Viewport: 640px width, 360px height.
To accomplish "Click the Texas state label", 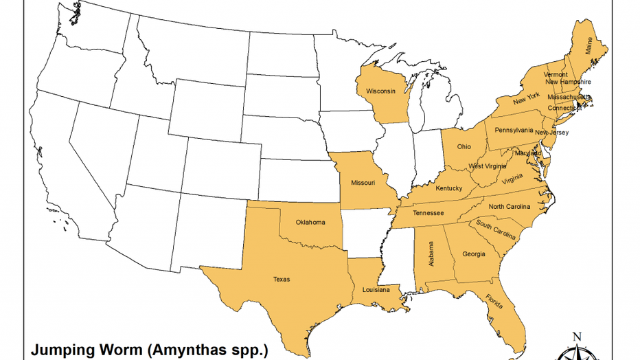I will pos(282,279).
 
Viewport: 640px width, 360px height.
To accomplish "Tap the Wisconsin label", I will pos(380,91).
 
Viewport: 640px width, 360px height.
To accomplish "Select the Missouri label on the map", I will pos(363,183).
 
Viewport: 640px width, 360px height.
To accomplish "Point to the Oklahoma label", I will pos(310,222).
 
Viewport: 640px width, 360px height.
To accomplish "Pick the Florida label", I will pos(494,302).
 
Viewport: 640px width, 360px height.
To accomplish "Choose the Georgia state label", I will pos(473,254).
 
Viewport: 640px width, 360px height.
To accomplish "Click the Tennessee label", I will pos(428,213).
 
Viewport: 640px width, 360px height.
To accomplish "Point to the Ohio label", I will pos(464,146).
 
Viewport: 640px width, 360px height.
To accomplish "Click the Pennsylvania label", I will pos(514,130).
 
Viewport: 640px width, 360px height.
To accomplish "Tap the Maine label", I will pos(589,45).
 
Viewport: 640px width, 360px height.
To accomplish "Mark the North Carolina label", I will pos(510,207).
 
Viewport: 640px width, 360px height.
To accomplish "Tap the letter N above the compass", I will pos(577,336).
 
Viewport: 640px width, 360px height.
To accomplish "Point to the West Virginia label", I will pos(488,166).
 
